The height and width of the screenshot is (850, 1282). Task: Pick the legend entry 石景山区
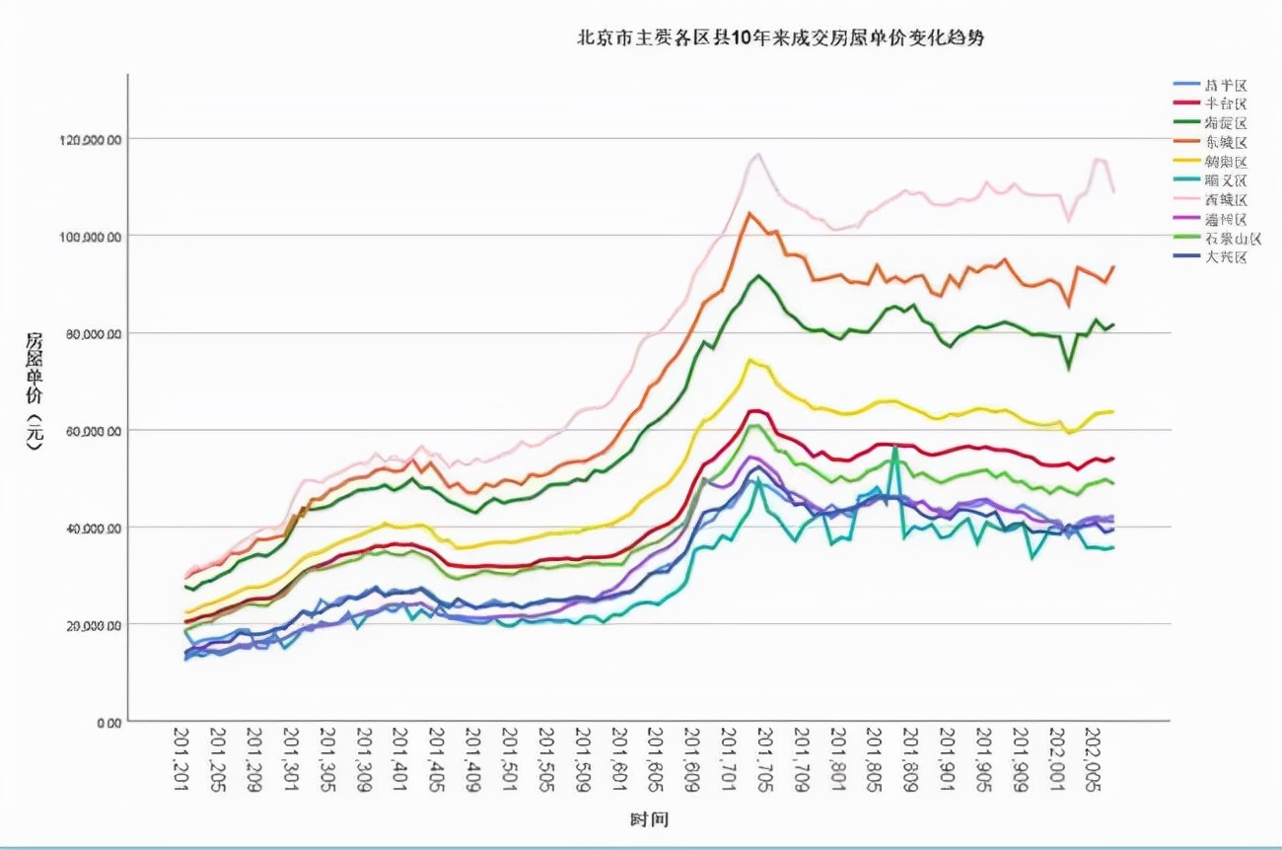(1232, 238)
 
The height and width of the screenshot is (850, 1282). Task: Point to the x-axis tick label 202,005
(1093, 756)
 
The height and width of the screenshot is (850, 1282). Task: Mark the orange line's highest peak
(749, 213)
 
